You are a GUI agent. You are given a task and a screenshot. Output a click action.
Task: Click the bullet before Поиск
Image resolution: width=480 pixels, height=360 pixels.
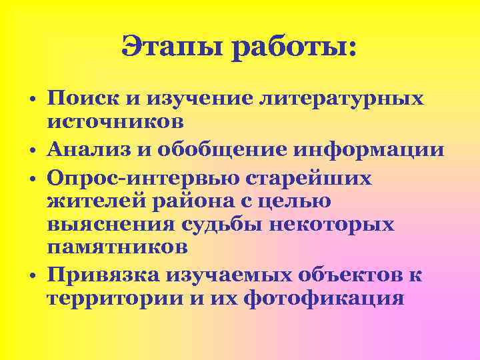(32, 101)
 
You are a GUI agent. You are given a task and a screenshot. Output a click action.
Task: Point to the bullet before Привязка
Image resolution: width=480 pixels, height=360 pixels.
(32, 275)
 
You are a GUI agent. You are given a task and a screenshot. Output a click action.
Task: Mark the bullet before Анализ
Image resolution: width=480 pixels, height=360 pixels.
(32, 151)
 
